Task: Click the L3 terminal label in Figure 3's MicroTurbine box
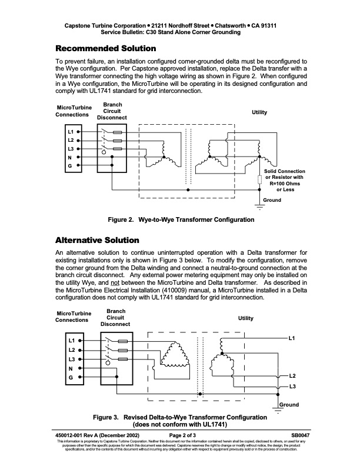(x=72, y=358)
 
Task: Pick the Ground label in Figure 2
(x=272, y=200)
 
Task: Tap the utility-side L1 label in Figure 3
(x=293, y=339)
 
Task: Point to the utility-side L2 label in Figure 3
(x=292, y=375)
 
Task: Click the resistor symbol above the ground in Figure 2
(x=259, y=180)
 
